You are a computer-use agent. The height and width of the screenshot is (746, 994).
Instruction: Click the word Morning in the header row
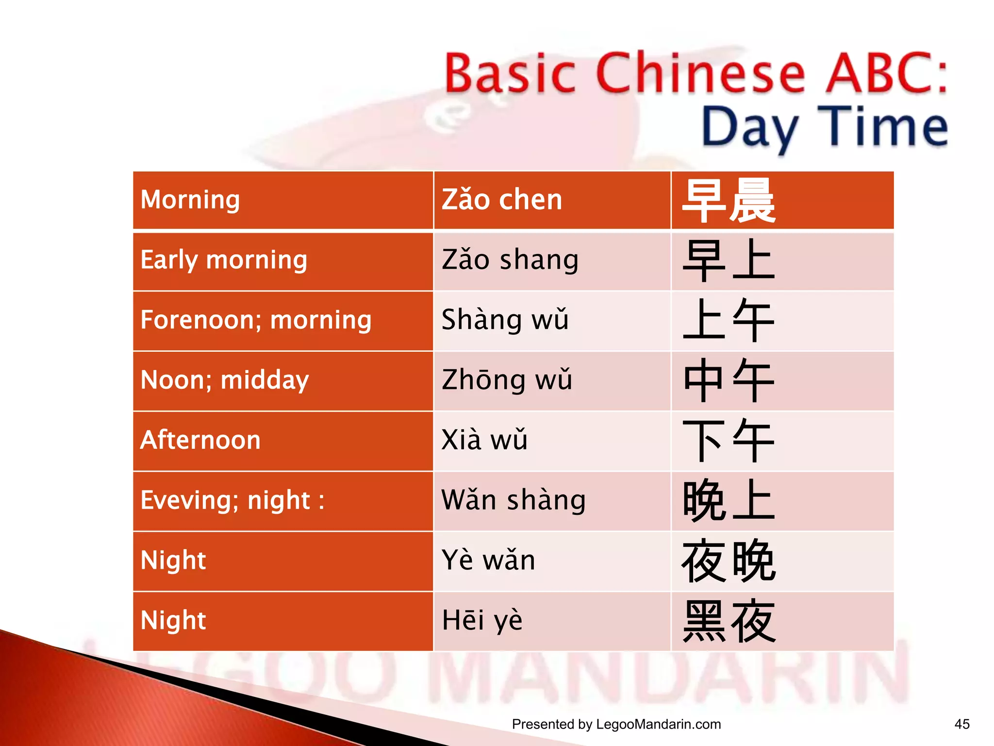pos(190,200)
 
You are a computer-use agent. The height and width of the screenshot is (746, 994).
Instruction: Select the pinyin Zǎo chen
pos(502,200)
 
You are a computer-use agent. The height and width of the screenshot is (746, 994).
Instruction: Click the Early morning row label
pos(224,260)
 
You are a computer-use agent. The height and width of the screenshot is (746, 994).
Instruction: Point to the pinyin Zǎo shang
pos(510,260)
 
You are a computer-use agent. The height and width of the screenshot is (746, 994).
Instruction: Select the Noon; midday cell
pos(224,380)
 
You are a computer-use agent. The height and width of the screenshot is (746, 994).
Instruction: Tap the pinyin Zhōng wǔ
pos(507,380)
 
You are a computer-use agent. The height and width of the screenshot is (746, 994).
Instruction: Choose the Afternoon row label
pos(200,441)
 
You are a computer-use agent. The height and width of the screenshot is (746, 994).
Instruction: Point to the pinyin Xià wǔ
pos(484,441)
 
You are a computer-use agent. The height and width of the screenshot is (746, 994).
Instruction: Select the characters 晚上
pos(729,501)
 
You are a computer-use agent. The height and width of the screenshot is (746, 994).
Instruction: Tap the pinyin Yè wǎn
pos(488,560)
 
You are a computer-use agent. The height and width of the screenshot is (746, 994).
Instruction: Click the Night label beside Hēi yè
pos(173,621)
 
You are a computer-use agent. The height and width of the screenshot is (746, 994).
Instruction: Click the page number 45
pos(961,724)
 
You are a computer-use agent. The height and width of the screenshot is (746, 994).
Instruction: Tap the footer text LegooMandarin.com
pos(658,724)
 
